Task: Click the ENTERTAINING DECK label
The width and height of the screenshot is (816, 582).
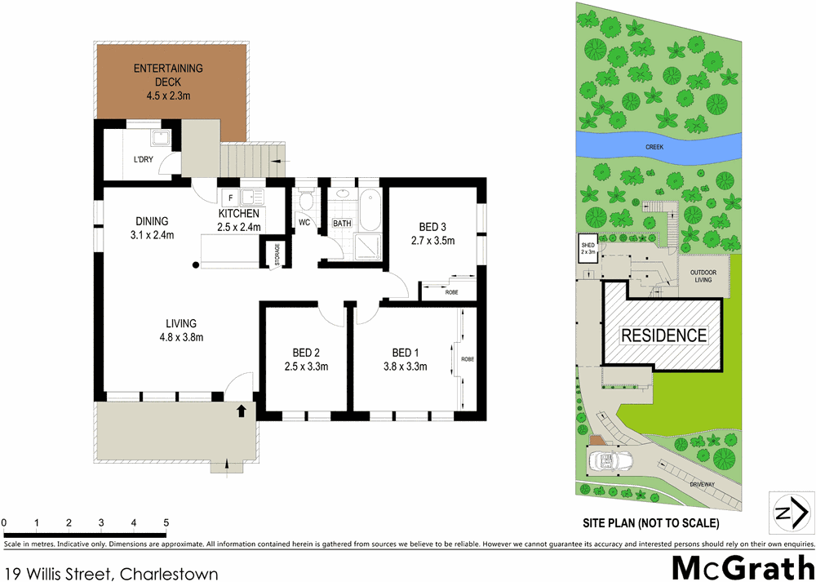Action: (168, 74)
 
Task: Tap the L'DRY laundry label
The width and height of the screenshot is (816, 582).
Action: (144, 160)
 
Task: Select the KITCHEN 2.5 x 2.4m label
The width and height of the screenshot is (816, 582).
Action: (238, 220)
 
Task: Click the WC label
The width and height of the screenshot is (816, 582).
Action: (304, 222)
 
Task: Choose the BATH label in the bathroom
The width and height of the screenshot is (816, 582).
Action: (342, 223)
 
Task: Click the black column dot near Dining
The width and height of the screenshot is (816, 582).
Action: (196, 264)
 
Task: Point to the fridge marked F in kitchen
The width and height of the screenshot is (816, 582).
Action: (231, 198)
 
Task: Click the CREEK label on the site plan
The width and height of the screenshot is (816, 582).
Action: (654, 148)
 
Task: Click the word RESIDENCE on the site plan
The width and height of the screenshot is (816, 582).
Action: (663, 335)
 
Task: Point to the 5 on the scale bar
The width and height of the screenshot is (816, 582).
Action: (166, 522)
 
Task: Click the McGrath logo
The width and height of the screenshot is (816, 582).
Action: (742, 566)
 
